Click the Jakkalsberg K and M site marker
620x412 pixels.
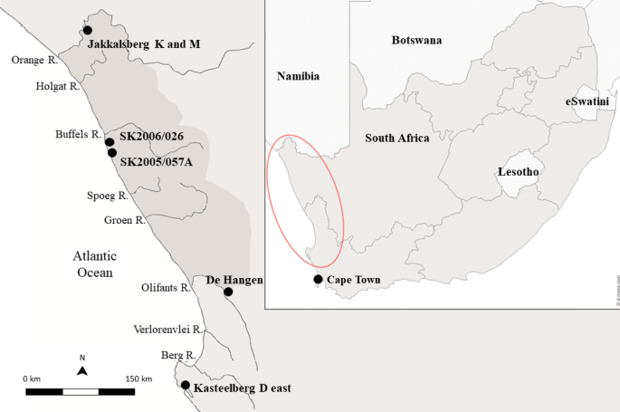(88, 31)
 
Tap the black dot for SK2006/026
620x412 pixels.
(110, 142)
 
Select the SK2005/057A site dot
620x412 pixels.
(112, 153)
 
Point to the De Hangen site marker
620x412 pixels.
(228, 292)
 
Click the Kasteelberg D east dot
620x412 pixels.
(186, 386)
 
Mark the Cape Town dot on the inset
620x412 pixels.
(318, 279)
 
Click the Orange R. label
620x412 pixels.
(35, 60)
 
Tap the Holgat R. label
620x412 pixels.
(58, 87)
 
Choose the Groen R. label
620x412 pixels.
(124, 220)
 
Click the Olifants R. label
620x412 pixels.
(166, 288)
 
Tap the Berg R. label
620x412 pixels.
(178, 356)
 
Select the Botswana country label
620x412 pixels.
(416, 41)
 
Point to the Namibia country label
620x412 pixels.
(298, 78)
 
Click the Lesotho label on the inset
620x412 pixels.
(519, 171)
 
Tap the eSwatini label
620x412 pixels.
(587, 102)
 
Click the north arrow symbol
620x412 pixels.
(82, 369)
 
